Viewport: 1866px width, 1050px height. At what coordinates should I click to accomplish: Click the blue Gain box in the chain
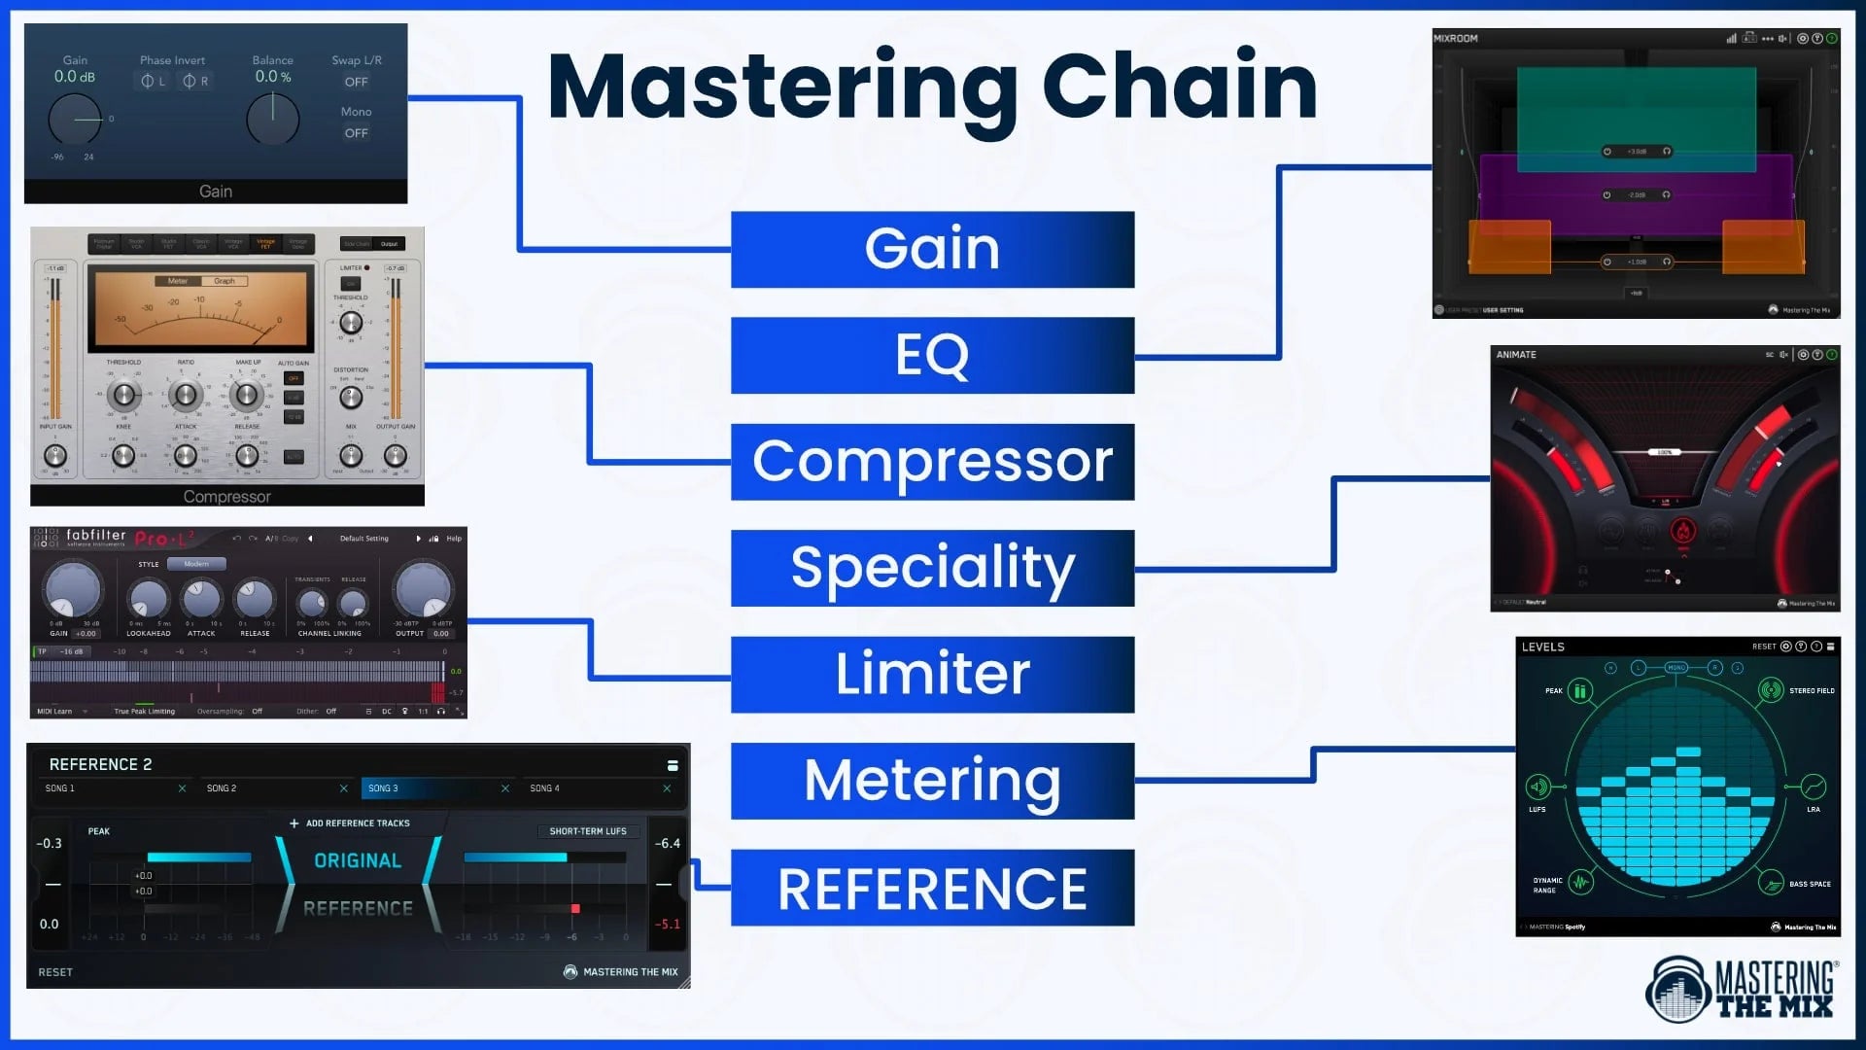(x=932, y=249)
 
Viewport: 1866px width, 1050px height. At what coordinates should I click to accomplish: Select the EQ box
(x=932, y=355)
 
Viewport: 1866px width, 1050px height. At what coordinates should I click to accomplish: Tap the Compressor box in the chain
(x=932, y=462)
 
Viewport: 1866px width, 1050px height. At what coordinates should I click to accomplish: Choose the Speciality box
(x=932, y=568)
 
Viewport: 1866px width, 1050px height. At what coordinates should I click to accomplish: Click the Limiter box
(x=932, y=674)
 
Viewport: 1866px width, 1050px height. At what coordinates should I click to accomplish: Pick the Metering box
(x=932, y=781)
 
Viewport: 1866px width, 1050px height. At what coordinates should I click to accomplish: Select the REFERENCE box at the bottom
(x=932, y=888)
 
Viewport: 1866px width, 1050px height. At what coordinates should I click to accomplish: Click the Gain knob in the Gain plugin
(x=75, y=120)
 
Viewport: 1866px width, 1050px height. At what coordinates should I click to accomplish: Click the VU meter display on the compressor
(x=200, y=308)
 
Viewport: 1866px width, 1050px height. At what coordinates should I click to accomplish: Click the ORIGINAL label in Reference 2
(x=358, y=861)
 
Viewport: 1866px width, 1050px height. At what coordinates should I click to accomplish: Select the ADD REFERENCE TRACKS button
(x=350, y=823)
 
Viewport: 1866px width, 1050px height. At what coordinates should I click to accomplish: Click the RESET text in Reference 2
(x=55, y=972)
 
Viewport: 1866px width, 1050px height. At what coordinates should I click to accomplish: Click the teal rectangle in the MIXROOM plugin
(x=1636, y=107)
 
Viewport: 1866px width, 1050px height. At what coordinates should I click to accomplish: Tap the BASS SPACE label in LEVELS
(x=1809, y=885)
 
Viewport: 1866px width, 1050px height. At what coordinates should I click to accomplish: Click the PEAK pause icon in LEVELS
(x=1579, y=691)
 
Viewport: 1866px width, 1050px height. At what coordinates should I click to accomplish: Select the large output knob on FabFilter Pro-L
(x=423, y=588)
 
